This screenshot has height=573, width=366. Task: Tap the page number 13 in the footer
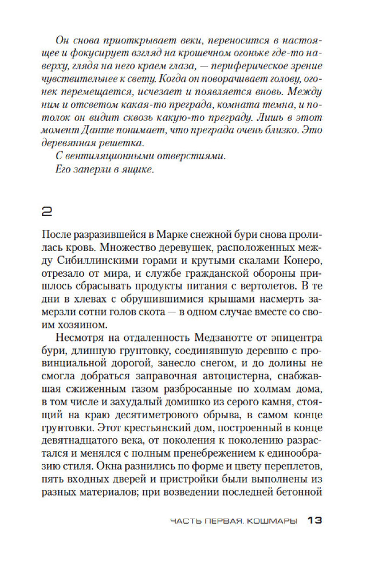coord(316,520)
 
